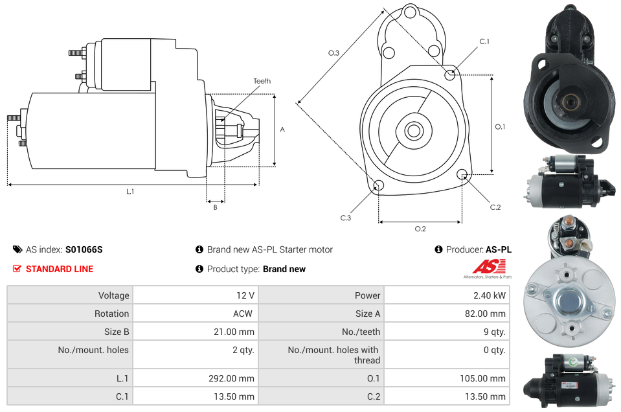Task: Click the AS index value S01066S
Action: coord(84,249)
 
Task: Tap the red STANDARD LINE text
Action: coord(59,269)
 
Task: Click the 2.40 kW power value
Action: coord(491,295)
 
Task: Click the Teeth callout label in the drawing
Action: coord(262,81)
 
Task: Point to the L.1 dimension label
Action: coord(130,191)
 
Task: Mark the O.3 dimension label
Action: coord(333,53)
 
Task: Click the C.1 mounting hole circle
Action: coord(450,75)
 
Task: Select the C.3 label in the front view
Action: coord(346,218)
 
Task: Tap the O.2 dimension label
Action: coord(420,229)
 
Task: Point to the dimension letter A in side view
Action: coord(282,130)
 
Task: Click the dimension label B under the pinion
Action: coord(215,207)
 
